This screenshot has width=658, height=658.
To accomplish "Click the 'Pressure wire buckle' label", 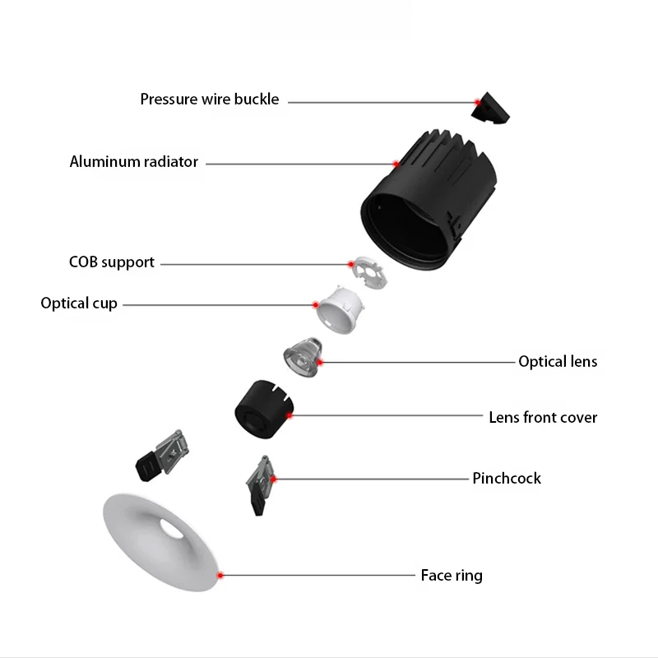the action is pyautogui.click(x=210, y=100).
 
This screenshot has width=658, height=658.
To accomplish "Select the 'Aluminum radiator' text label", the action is pyautogui.click(x=134, y=162).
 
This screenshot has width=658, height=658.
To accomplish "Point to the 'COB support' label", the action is pyautogui.click(x=112, y=262).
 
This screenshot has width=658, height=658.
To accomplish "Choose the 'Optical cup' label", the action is pyautogui.click(x=79, y=304).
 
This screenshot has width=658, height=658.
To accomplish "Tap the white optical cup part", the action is pyautogui.click(x=340, y=310).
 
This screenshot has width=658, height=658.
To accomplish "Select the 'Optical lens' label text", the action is pyautogui.click(x=558, y=361).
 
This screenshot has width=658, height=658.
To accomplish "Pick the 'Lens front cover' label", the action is pyautogui.click(x=543, y=417).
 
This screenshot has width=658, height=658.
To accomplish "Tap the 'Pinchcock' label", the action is pyautogui.click(x=507, y=478).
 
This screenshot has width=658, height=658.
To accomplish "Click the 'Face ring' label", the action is pyautogui.click(x=452, y=575).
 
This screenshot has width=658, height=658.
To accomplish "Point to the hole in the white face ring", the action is pyautogui.click(x=173, y=527).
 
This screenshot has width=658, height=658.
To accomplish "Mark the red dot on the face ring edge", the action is pyautogui.click(x=220, y=575).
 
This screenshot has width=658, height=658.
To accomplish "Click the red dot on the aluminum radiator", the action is pyautogui.click(x=396, y=164).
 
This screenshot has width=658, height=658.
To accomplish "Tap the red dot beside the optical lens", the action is pyautogui.click(x=320, y=362).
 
